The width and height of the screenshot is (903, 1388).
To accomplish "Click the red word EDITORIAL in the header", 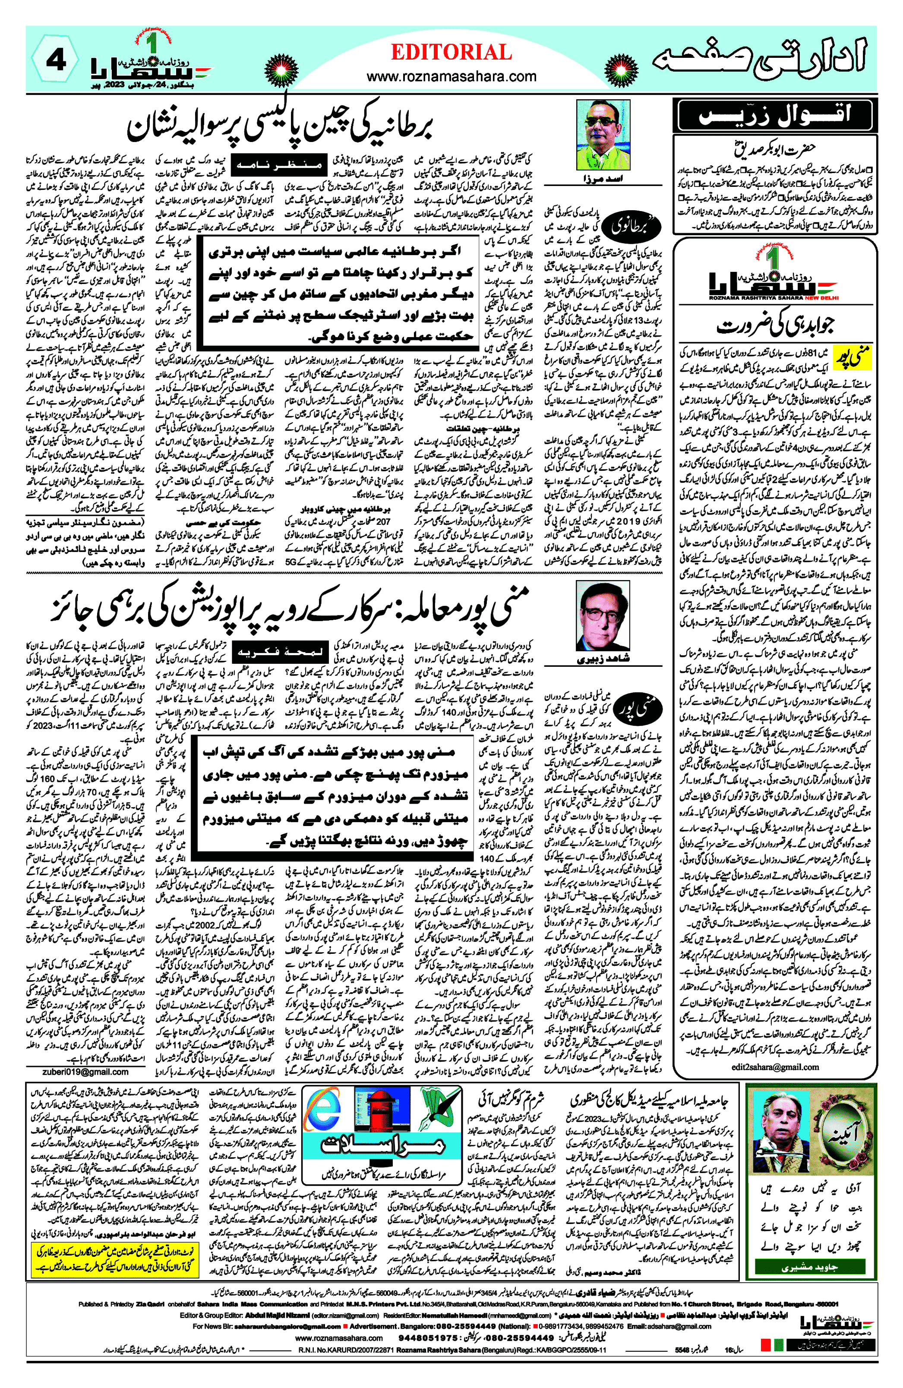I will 451,53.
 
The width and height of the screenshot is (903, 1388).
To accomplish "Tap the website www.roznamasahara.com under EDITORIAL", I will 451,76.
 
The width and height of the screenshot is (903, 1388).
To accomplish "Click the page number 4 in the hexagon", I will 55,61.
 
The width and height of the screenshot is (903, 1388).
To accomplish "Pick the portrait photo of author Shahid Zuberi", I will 603,616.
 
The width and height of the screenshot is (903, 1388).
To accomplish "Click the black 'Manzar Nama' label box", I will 278,166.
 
